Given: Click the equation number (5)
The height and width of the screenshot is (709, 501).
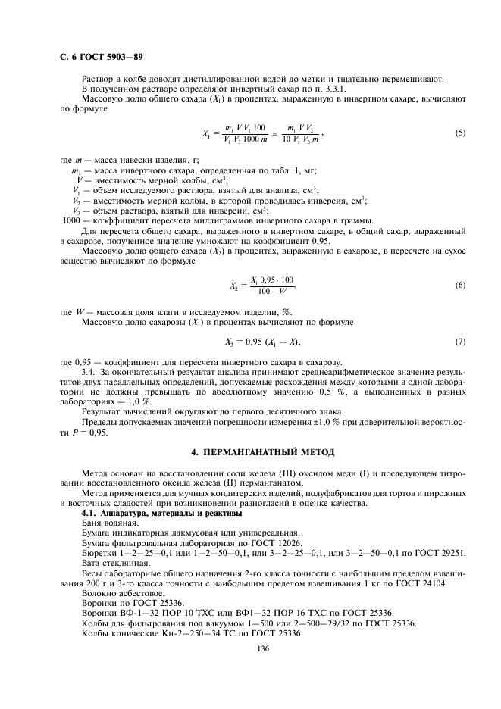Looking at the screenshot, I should coord(459,133).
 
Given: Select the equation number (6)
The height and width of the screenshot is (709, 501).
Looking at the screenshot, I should coord(459,285).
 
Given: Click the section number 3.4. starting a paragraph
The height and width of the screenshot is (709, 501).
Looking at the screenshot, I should coord(89,373).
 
